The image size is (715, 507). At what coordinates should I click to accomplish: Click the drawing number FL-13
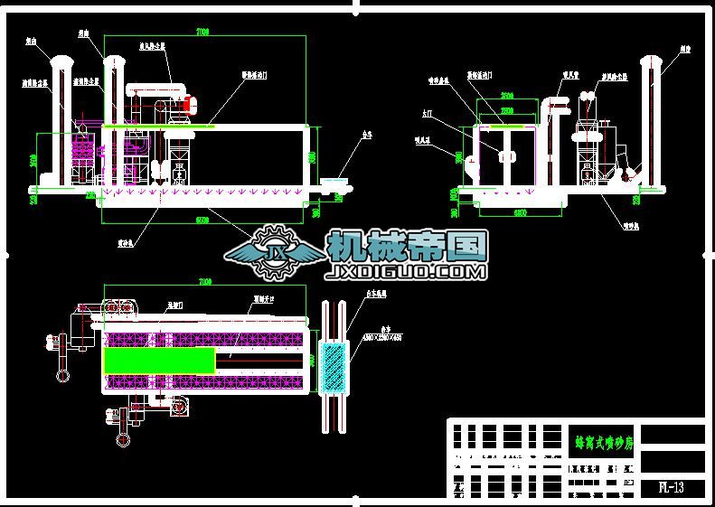670,488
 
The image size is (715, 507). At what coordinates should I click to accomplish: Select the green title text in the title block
604,443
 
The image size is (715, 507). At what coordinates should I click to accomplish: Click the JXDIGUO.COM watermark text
407,270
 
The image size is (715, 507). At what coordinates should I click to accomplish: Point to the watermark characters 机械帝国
407,244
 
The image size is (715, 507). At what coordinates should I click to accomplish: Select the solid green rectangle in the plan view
159,360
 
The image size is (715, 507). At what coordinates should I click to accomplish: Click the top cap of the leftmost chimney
62,61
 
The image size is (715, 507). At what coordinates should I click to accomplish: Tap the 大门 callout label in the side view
428,114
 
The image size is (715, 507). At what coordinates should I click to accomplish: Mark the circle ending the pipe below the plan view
121,440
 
